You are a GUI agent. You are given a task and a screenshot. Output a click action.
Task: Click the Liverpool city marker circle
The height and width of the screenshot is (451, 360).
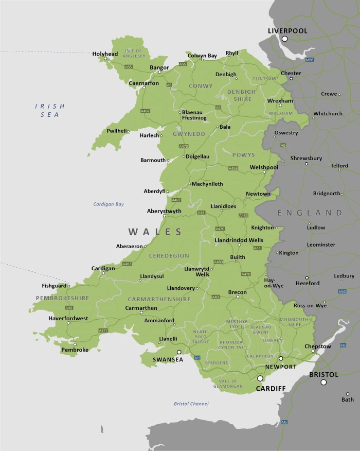tap(284, 39)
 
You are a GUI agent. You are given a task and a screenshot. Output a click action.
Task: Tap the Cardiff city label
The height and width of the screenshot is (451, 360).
tap(271, 389)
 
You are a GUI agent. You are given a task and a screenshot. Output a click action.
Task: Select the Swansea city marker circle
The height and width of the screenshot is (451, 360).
tap(179, 352)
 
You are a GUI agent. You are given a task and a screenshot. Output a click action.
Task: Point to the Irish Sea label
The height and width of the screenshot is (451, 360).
tap(50, 110)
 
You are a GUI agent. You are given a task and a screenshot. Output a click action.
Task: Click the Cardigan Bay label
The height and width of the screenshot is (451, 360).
tap(109, 204)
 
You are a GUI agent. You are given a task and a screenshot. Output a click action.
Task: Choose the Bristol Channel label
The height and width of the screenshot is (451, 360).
tap(191, 404)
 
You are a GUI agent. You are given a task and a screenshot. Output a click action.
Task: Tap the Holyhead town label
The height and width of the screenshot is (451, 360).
tap(105, 54)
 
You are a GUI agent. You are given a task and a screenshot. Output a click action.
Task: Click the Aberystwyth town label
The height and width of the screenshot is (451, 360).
tap(164, 211)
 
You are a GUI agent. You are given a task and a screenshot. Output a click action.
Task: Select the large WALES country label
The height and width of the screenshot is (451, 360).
tap(155, 232)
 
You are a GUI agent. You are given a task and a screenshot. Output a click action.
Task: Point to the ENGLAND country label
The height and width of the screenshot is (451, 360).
tap(310, 213)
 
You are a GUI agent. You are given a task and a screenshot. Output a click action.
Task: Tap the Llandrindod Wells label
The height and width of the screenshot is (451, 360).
tap(238, 240)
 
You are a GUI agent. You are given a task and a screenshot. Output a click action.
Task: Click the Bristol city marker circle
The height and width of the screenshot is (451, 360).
tap(323, 382)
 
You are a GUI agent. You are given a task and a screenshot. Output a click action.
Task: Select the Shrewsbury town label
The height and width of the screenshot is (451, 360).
tap(306, 158)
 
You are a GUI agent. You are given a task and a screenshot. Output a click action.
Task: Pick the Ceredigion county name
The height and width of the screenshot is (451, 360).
tap(169, 255)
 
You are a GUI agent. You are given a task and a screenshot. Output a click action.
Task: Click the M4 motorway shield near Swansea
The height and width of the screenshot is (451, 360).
tap(196, 357)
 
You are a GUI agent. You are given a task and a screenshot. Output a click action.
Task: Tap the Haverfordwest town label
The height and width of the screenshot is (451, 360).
tap(68, 318)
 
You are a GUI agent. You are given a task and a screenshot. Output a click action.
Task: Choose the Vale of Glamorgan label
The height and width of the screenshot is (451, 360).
tap(227, 383)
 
